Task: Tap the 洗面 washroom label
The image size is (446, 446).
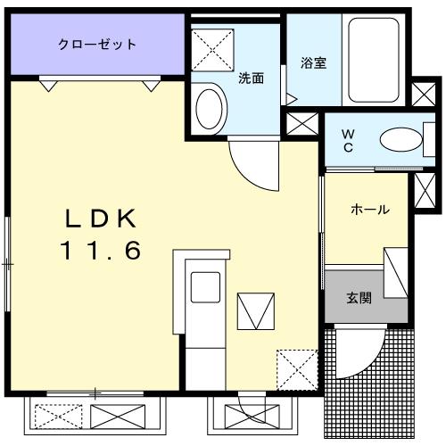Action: [x=251, y=78]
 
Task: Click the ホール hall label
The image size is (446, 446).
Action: [x=369, y=210]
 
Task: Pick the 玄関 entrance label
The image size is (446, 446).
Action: [x=359, y=298]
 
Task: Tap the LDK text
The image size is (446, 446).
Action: [x=100, y=219]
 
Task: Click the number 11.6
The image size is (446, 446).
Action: [x=100, y=252]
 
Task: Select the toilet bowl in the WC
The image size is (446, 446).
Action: [x=399, y=140]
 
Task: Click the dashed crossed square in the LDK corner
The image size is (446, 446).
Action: [x=294, y=367]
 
